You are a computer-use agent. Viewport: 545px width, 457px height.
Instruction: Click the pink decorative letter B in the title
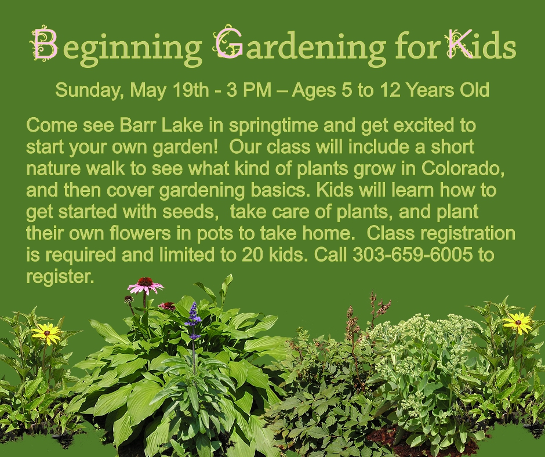click(x=45, y=43)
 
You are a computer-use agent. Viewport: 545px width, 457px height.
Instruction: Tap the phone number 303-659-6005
click(x=413, y=255)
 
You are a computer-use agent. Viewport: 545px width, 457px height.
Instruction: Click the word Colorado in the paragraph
click(x=463, y=169)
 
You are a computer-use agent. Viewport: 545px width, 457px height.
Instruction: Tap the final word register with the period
click(x=60, y=277)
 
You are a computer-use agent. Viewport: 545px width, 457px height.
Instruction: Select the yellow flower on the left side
click(x=46, y=333)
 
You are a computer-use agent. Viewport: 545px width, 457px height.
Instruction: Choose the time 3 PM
click(x=249, y=90)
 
